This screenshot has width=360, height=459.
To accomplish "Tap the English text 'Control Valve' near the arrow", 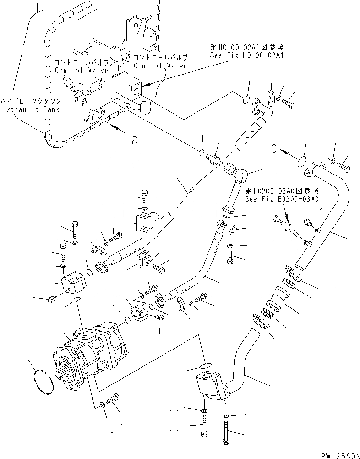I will point(161,66).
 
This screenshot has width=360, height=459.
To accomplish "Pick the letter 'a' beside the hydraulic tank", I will point(135,140).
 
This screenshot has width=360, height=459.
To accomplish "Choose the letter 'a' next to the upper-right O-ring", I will point(274,148).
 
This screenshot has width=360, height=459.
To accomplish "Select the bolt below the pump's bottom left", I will point(114,400).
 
